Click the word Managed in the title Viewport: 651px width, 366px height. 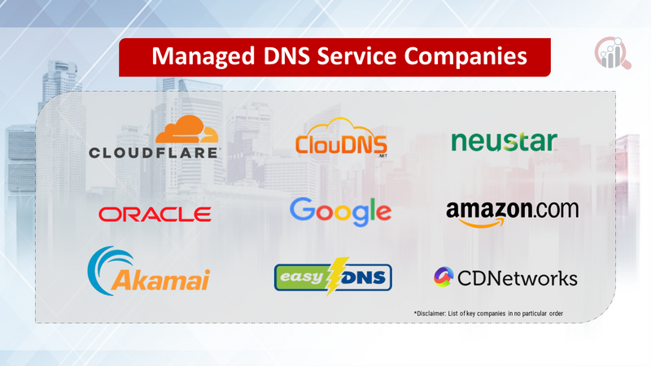pyautogui.click(x=203, y=56)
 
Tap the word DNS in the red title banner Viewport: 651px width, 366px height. pyautogui.click(x=286, y=55)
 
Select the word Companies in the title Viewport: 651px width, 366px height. pyautogui.click(x=465, y=57)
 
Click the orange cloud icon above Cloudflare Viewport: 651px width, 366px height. pyautogui.click(x=187, y=129)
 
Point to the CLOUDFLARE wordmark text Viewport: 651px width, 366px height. pyautogui.click(x=154, y=153)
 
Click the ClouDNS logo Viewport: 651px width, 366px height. pyautogui.click(x=341, y=137)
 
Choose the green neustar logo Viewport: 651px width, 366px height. pyautogui.click(x=504, y=142)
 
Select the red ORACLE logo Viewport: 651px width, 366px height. pyautogui.click(x=155, y=214)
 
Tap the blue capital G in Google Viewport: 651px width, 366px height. pyautogui.click(x=303, y=209)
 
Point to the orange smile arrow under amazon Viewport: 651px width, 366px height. pyautogui.click(x=482, y=223)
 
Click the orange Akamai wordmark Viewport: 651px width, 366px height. pyautogui.click(x=160, y=279)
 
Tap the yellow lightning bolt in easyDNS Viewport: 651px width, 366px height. pyautogui.click(x=336, y=276)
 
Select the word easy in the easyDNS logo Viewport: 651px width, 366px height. pyautogui.click(x=302, y=277)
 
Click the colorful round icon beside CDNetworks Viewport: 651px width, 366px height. pyautogui.click(x=443, y=277)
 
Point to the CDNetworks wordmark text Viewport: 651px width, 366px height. pyautogui.click(x=518, y=278)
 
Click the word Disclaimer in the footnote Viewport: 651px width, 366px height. pyautogui.click(x=430, y=313)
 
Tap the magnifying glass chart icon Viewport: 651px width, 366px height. pyautogui.click(x=613, y=53)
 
